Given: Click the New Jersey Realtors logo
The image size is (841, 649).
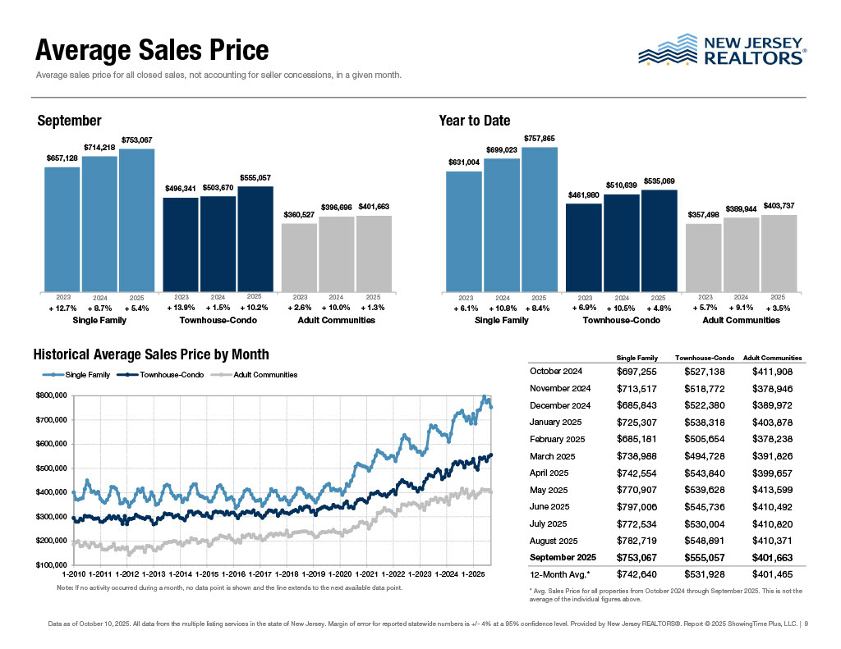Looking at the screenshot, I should [722, 50].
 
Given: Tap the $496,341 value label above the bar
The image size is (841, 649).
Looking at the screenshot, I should [181, 189].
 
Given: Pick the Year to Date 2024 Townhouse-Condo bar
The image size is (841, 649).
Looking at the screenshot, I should [622, 242].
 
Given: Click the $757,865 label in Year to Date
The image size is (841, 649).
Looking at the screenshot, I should [540, 139].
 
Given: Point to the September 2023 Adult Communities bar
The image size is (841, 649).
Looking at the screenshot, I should [300, 257].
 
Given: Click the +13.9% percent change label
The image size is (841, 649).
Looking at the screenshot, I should [181, 308].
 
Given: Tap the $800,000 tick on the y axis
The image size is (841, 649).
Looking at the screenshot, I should [52, 395].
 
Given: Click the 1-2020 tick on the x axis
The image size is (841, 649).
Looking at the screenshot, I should [340, 574].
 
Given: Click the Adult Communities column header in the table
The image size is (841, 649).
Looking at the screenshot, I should [772, 358].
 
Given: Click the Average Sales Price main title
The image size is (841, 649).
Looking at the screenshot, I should [152, 51].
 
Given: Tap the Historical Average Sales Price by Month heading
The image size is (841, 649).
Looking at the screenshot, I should [151, 354].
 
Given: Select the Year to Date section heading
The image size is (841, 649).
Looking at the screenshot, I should [474, 121].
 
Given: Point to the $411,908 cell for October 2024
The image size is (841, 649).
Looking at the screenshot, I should [772, 372].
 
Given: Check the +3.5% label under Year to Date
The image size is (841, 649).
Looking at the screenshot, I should [778, 308].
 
